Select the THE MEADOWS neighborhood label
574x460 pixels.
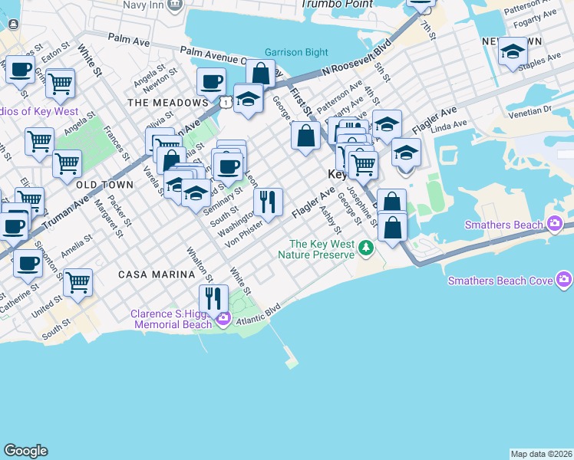point(168,102)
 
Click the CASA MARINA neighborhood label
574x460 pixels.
point(149,274)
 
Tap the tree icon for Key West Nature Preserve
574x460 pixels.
point(367,247)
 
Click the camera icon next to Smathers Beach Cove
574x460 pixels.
point(565,281)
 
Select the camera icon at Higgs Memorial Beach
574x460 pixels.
point(223,319)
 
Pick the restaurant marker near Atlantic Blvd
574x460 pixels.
point(214,298)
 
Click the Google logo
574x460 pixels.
point(25,451)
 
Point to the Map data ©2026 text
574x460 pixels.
point(541,454)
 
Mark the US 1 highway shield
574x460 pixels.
point(225,101)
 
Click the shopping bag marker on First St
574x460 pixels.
point(305,136)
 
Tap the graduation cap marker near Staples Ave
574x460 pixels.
point(512,53)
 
